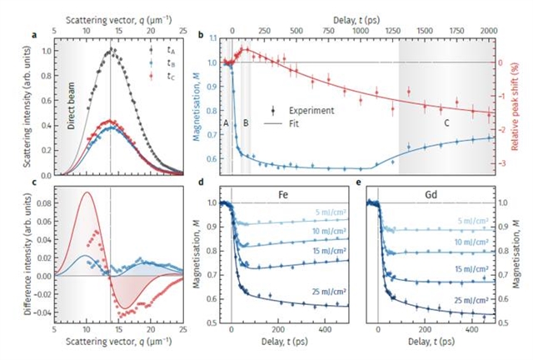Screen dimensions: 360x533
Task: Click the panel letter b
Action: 214,34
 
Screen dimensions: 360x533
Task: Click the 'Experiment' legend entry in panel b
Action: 311,109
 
